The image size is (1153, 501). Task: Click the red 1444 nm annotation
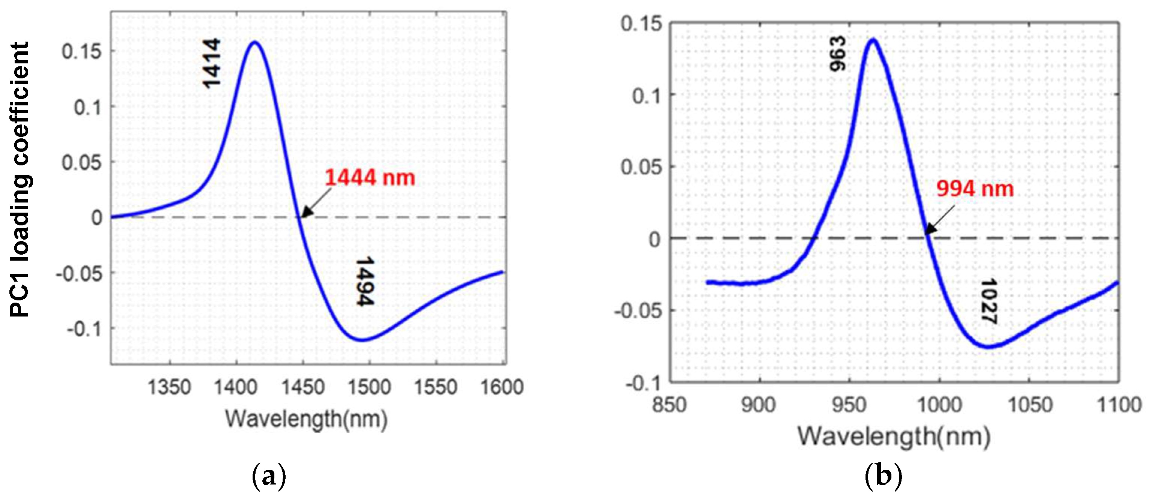pos(370,178)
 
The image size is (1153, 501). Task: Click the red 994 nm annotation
pos(975,188)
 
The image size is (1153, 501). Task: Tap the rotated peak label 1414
pos(211,63)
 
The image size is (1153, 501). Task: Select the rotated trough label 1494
pos(365,281)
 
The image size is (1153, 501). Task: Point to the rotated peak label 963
pos(837,54)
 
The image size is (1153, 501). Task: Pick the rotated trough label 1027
pos(988,301)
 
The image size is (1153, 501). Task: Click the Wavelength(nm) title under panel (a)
pos(306,419)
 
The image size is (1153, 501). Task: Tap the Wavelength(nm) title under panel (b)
pos(894,436)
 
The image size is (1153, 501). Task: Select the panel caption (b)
pos(883,476)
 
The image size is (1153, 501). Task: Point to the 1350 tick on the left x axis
pos(169,387)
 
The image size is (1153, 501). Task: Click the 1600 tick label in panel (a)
pos(502,387)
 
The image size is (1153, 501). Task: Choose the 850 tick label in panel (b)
pos(669,405)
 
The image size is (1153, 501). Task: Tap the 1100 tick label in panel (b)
pos(1119,405)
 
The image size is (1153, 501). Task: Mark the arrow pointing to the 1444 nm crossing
pos(316,202)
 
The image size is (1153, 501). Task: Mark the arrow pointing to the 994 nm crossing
pos(940,219)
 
